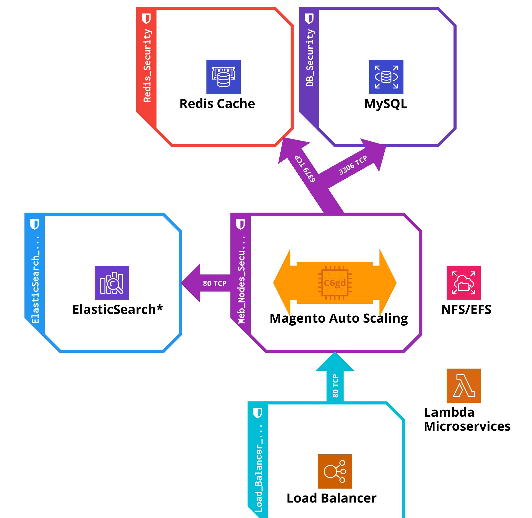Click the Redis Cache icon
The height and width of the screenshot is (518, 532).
coord(223,77)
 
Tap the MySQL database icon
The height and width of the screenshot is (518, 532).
coord(386,77)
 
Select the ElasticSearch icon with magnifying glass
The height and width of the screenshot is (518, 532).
coord(112,283)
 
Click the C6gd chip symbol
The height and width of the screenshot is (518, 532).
coord(335,283)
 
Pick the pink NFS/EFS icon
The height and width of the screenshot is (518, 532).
coord(463,283)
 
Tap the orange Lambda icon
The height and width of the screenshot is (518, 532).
coord(463,386)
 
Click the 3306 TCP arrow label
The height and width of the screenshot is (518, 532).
coord(352,165)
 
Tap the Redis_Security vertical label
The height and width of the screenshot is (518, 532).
coord(147,65)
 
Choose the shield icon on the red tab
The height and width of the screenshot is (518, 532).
coord(146,18)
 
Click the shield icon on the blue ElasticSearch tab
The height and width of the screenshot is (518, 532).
coord(35,224)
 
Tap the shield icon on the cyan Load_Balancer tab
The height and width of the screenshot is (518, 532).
coord(257,413)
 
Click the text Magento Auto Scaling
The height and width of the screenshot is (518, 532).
coord(339,318)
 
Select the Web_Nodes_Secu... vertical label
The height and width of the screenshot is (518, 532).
coord(241,280)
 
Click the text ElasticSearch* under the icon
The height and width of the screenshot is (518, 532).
coord(117,309)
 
